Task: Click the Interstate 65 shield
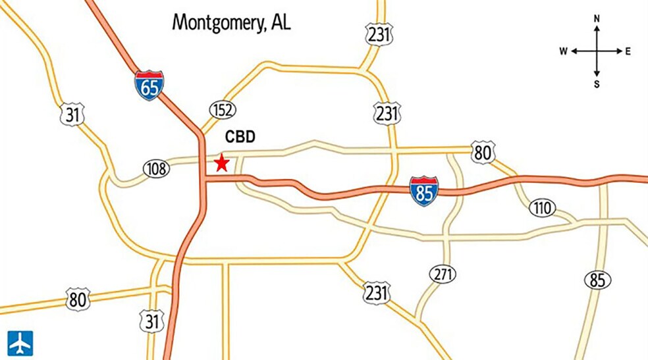pyautogui.click(x=149, y=86)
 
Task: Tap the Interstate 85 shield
pyautogui.click(x=423, y=190)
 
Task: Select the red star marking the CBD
pyautogui.click(x=221, y=163)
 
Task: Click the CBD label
pyautogui.click(x=240, y=138)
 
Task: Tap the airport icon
pyautogui.click(x=20, y=343)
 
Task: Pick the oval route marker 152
pyautogui.click(x=223, y=109)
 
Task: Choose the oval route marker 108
pyautogui.click(x=156, y=169)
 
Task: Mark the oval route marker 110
pyautogui.click(x=542, y=209)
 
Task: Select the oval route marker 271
pyautogui.click(x=442, y=273)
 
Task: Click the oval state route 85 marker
pyautogui.click(x=597, y=280)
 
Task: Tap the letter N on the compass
pyautogui.click(x=597, y=19)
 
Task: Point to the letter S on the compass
pyautogui.click(x=597, y=84)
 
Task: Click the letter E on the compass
pyautogui.click(x=628, y=51)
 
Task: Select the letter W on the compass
pyautogui.click(x=564, y=51)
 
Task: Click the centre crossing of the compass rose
pyautogui.click(x=597, y=51)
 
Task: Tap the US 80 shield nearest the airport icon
pyautogui.click(x=78, y=300)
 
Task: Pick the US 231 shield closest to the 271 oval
pyautogui.click(x=377, y=292)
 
